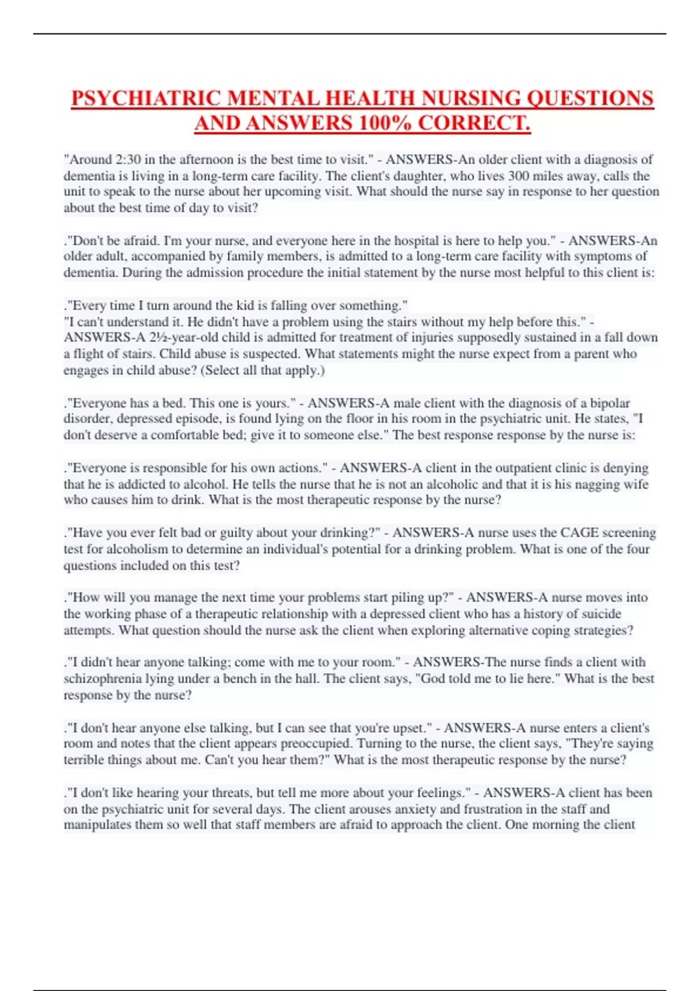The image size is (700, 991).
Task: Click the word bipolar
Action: tap(610, 403)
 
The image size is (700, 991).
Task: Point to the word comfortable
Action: tap(188, 435)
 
